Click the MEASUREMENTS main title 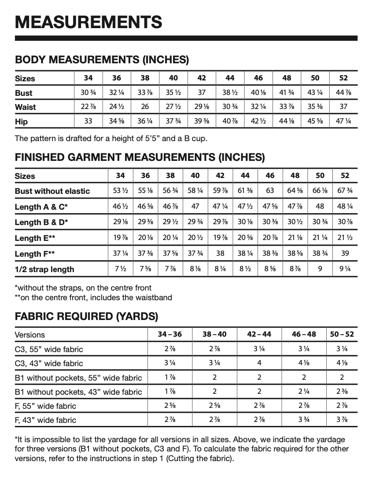point(88,22)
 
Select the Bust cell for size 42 point(202,93)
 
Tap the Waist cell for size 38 point(145,107)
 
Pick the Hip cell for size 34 point(88,121)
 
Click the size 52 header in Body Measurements point(343,78)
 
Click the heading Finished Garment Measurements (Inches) point(140,157)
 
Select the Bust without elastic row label point(52,191)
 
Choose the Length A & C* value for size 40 point(195,207)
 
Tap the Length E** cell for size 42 point(220,238)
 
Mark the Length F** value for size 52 point(345,254)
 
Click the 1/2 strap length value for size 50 point(320,269)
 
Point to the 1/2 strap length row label point(44,269)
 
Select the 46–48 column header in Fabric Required point(304,334)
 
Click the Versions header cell point(30,335)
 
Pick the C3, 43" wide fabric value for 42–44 point(259,363)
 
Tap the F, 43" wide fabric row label point(45,420)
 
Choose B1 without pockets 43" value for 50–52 point(342,392)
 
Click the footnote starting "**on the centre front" point(93,298)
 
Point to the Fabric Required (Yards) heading point(86,316)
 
